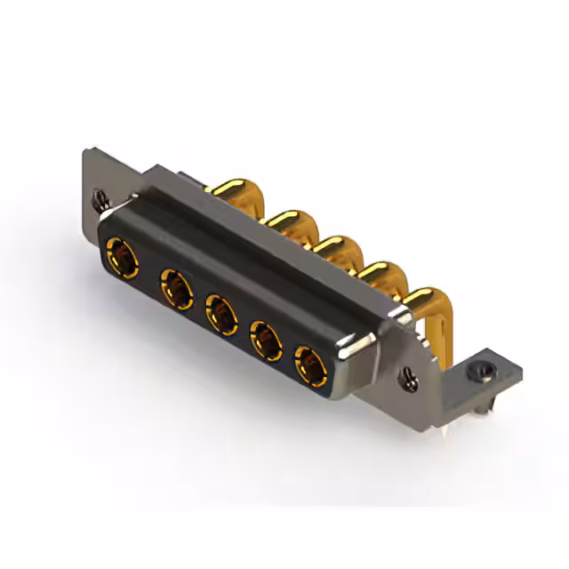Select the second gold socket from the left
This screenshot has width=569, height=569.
coord(175,290)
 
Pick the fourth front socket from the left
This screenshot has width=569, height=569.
coord(265,338)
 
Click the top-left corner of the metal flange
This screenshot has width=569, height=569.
coord(87,153)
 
